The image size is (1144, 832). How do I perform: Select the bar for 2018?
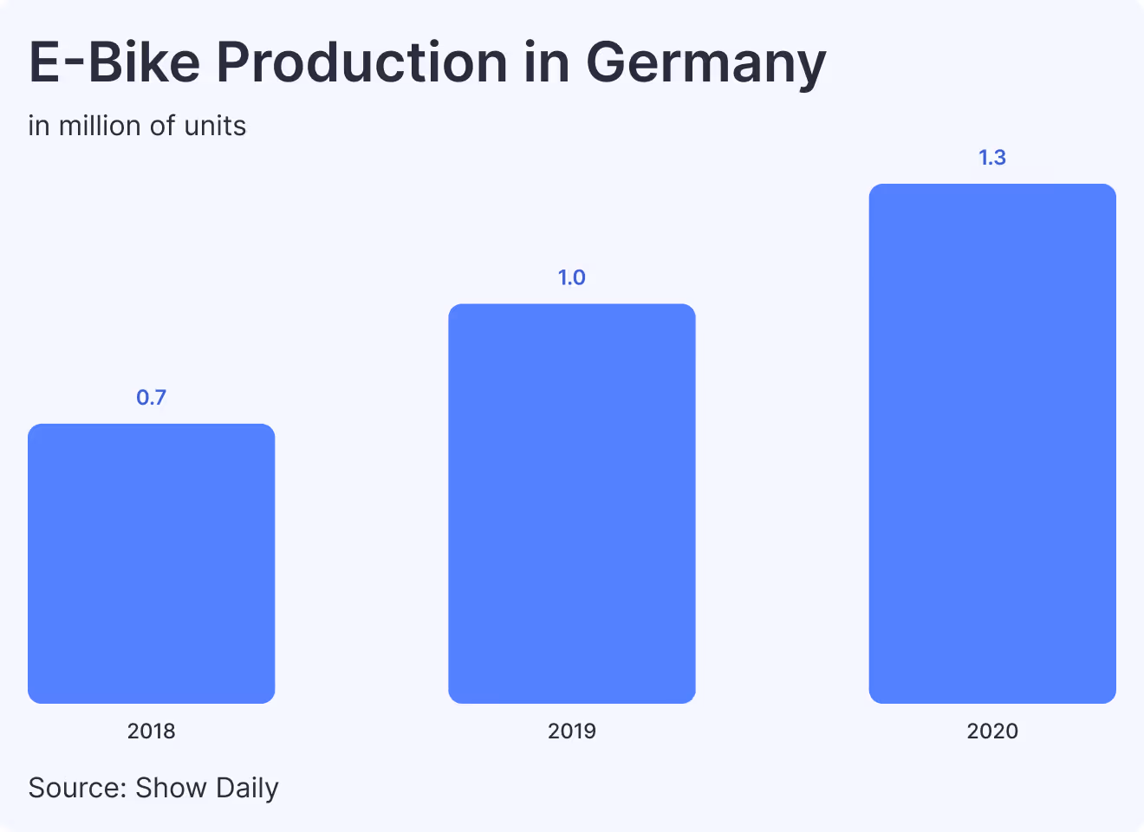(x=152, y=563)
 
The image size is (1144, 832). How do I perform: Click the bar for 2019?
(x=572, y=504)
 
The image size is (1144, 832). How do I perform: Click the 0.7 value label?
(x=152, y=398)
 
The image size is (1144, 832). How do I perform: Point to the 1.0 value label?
(x=572, y=277)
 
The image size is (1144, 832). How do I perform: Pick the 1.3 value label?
(x=992, y=158)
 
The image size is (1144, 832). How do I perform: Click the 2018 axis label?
(x=152, y=731)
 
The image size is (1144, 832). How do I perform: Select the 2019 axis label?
(x=572, y=731)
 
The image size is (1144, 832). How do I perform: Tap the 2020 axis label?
(x=992, y=731)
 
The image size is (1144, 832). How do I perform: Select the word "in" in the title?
(x=546, y=62)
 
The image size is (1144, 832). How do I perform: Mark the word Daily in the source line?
(x=247, y=789)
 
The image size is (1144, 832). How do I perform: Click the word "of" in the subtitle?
(x=162, y=127)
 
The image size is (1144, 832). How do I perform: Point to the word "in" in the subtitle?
(x=38, y=127)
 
